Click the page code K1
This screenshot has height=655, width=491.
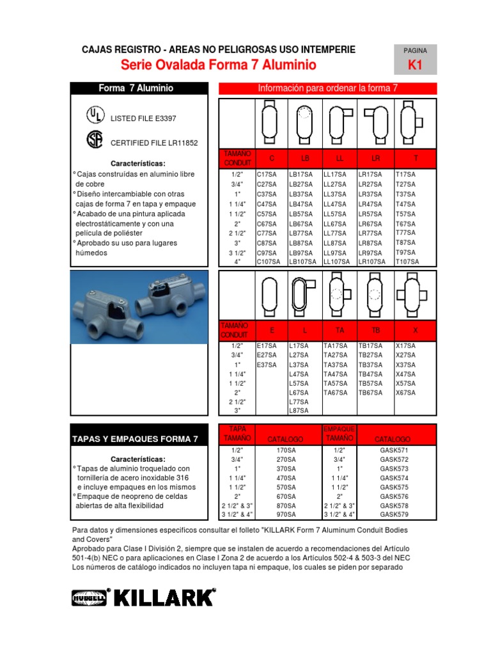point(415,65)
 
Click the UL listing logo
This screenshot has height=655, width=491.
point(94,115)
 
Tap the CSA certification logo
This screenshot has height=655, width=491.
point(94,139)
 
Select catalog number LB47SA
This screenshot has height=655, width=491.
point(301,203)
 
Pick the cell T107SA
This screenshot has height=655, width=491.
point(407,262)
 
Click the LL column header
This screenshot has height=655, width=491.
point(340,158)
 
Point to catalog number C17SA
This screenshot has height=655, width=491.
point(267,174)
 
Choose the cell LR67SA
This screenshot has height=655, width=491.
point(370,224)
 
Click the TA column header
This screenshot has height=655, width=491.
point(340,331)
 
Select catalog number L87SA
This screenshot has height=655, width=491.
point(299,411)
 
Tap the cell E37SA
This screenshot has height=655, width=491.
point(267,365)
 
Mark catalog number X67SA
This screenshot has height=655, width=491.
point(405,393)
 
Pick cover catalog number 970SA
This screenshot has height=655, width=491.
point(285,514)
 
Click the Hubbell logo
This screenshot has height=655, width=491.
point(90,597)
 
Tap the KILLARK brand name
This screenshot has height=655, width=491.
point(164,597)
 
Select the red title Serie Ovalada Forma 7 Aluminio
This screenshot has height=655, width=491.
point(218,65)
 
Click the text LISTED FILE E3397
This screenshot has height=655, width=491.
point(144,118)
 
